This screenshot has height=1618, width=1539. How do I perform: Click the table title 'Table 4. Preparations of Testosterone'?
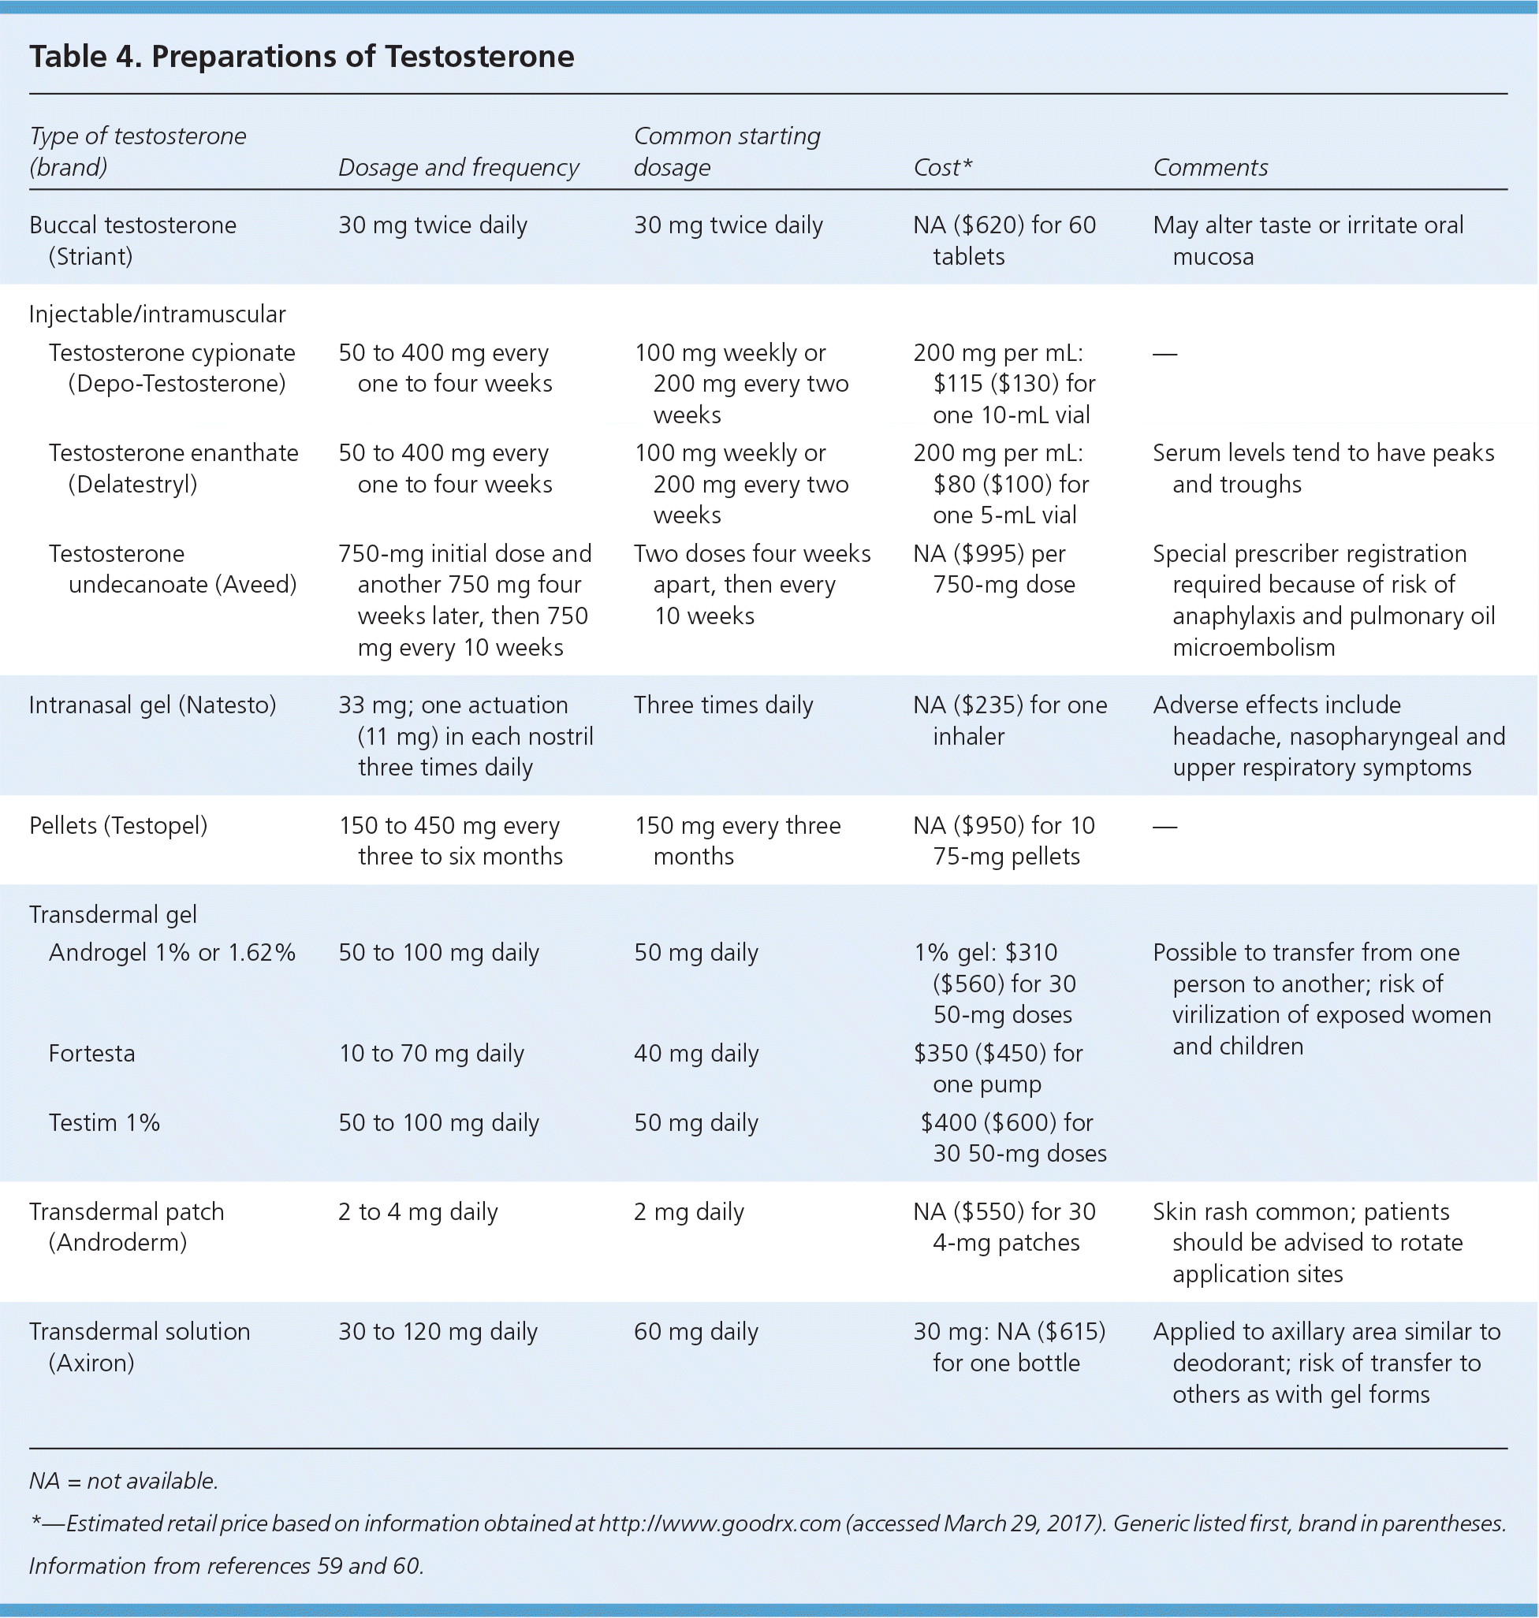click(x=301, y=57)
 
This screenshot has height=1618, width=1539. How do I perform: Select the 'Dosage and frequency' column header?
click(x=459, y=168)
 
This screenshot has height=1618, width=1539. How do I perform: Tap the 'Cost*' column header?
click(x=943, y=168)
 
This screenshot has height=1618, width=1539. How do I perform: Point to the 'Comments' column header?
click(x=1210, y=168)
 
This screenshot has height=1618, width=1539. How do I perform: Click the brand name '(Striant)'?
click(x=90, y=257)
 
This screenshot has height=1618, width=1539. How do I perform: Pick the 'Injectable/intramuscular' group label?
click(x=158, y=314)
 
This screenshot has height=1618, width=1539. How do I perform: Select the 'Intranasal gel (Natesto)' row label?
click(x=153, y=705)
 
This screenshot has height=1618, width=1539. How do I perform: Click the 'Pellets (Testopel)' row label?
click(x=118, y=826)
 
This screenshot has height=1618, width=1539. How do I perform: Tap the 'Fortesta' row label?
click(x=92, y=1053)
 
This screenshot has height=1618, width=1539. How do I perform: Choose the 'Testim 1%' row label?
click(x=104, y=1123)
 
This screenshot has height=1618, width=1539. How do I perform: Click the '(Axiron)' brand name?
click(x=91, y=1363)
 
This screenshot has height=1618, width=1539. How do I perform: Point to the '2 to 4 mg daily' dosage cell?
click(x=418, y=1212)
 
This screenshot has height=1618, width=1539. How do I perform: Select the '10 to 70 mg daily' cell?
click(x=431, y=1053)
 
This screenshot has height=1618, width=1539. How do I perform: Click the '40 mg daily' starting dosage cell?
click(x=695, y=1053)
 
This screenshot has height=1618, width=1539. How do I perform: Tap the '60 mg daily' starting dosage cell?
click(x=695, y=1332)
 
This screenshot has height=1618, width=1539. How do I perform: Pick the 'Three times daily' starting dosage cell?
click(x=723, y=705)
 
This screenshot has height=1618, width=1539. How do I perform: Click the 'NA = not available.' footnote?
click(x=124, y=1480)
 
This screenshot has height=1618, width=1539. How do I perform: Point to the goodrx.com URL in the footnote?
click(x=720, y=1523)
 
